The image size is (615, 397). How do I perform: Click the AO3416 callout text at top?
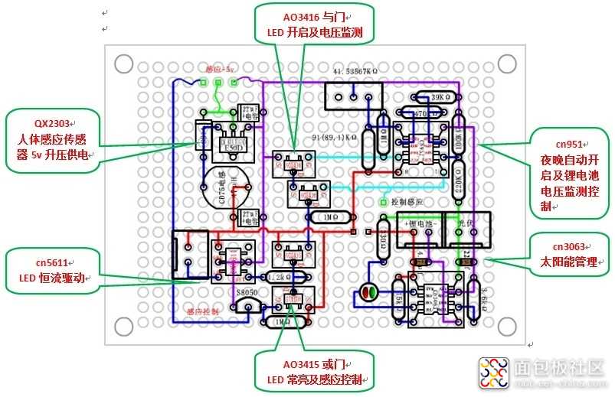point(315,15)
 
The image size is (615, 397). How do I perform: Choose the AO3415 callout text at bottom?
point(315,364)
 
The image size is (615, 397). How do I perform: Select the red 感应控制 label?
point(203,311)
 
